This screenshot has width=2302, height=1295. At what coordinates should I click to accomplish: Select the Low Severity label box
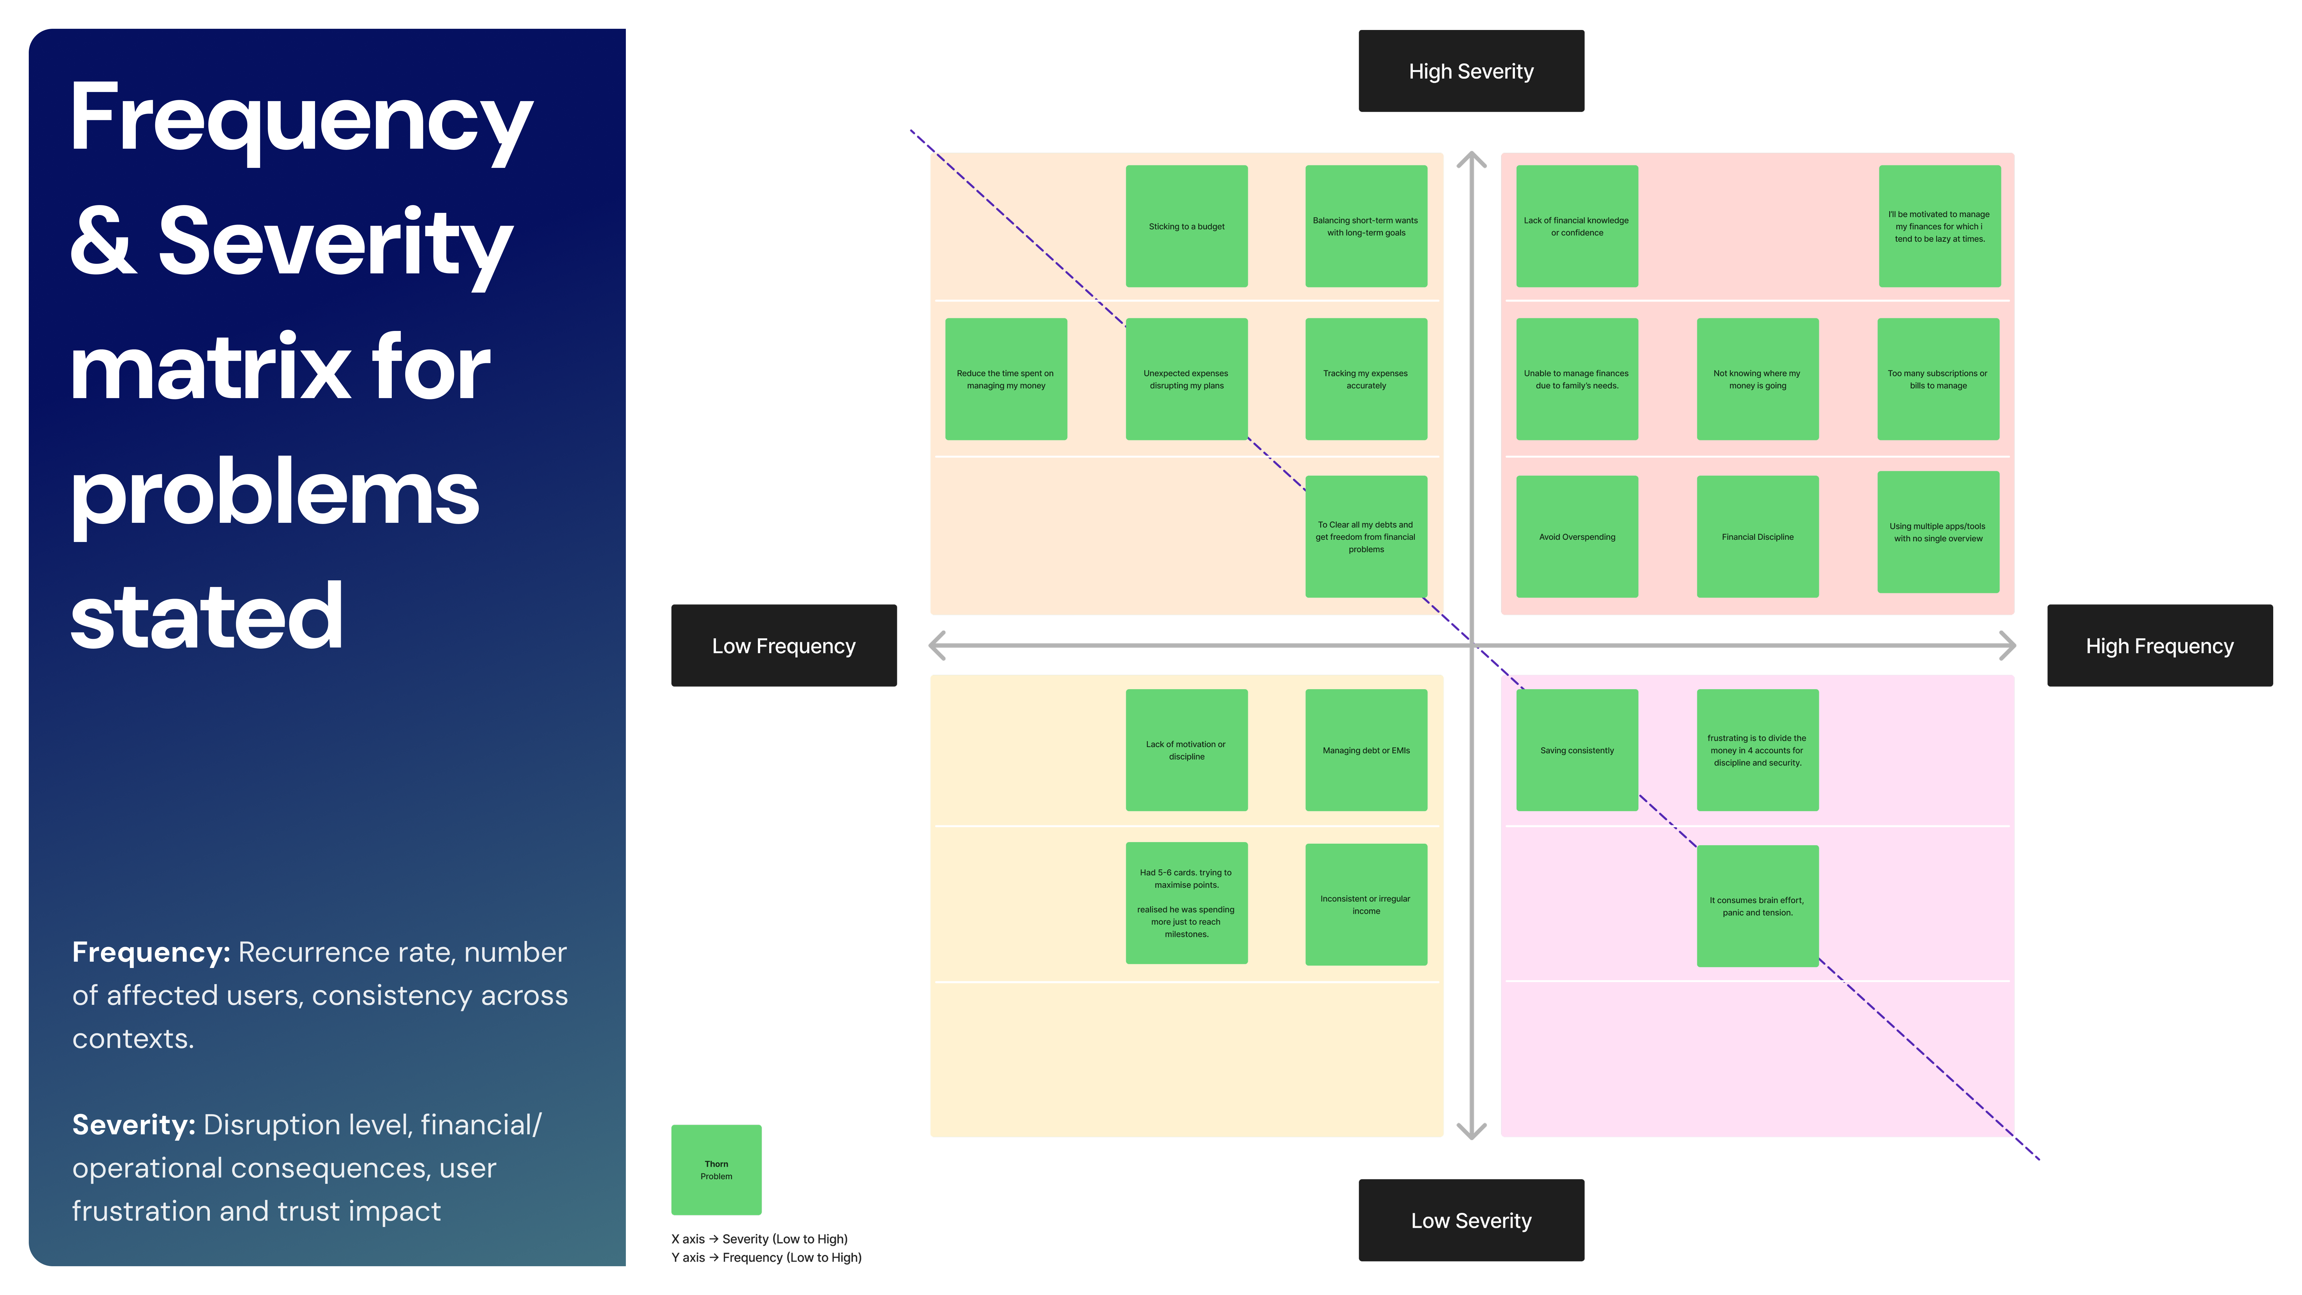pyautogui.click(x=1471, y=1220)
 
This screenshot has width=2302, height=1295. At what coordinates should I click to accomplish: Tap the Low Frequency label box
pyautogui.click(x=784, y=645)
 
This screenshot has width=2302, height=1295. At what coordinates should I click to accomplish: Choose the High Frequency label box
pyautogui.click(x=2159, y=645)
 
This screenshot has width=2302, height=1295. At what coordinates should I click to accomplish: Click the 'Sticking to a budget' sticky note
pyautogui.click(x=1186, y=226)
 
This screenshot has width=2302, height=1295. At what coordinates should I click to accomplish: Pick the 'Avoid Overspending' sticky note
pyautogui.click(x=1576, y=536)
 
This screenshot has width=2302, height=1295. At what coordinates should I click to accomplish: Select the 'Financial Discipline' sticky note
pyautogui.click(x=1757, y=536)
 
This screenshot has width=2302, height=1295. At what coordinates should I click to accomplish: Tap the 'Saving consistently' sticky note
pyautogui.click(x=1576, y=750)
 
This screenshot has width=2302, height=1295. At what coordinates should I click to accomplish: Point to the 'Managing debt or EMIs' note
pyautogui.click(x=1366, y=750)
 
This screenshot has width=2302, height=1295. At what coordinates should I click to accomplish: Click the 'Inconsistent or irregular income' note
pyautogui.click(x=1366, y=904)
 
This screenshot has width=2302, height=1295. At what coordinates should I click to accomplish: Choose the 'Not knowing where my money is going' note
pyautogui.click(x=1757, y=379)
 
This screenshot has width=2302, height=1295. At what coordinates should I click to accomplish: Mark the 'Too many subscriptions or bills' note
pyautogui.click(x=1938, y=379)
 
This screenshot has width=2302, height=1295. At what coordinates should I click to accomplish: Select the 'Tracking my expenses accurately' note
pyautogui.click(x=1366, y=379)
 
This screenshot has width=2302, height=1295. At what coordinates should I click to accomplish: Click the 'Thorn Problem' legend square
pyautogui.click(x=716, y=1169)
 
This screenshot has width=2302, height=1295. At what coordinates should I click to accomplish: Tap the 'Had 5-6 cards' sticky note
pyautogui.click(x=1186, y=903)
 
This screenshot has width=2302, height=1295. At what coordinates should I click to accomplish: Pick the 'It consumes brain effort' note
pyautogui.click(x=1757, y=905)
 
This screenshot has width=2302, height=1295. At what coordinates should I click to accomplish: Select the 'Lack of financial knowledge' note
pyautogui.click(x=1576, y=226)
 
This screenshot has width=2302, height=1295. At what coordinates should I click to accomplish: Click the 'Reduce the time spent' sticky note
pyautogui.click(x=1005, y=379)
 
